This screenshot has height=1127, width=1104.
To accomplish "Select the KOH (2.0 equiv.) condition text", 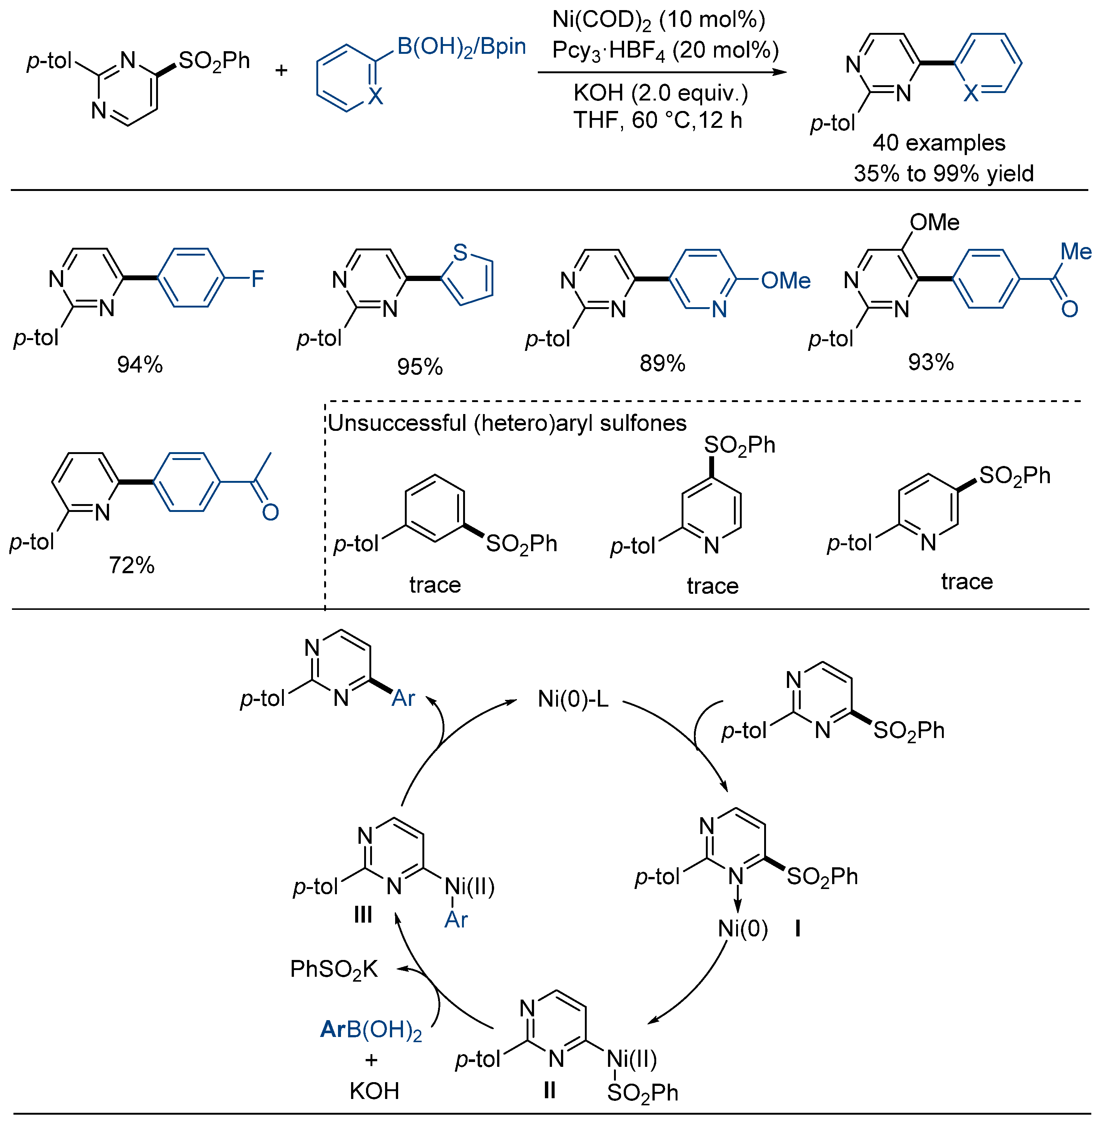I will [x=660, y=93].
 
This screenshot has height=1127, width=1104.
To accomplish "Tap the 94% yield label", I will [x=140, y=364].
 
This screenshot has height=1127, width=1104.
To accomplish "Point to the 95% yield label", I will [x=420, y=367].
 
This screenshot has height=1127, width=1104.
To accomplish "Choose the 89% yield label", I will [x=662, y=364].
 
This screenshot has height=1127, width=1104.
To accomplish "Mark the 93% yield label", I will [x=931, y=362].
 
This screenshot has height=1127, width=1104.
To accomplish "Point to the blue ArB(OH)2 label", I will [x=371, y=1029].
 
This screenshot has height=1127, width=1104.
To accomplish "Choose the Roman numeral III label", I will [x=363, y=915].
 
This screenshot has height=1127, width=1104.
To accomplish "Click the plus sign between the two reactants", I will [x=281, y=71].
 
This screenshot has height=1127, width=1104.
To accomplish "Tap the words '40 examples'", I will [x=939, y=143].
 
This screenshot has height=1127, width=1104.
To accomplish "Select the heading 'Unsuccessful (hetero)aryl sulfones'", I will [x=507, y=423].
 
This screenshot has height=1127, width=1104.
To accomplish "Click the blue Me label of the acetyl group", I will [x=1076, y=252].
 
